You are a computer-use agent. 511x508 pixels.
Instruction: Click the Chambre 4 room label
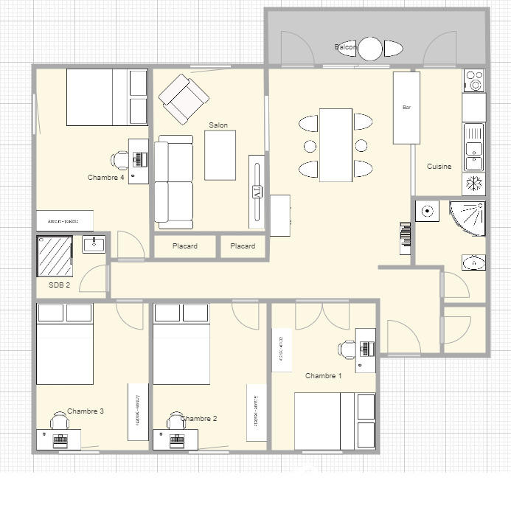click(x=105, y=178)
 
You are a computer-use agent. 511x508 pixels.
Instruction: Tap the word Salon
click(x=218, y=125)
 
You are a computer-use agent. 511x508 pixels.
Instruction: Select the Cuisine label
click(x=439, y=167)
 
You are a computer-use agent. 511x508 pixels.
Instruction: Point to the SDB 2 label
click(x=60, y=285)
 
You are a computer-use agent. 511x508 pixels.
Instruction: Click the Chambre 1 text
click(x=323, y=376)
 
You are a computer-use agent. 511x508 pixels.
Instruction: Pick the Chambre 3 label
click(x=85, y=411)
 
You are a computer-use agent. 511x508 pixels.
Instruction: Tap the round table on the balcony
click(x=370, y=49)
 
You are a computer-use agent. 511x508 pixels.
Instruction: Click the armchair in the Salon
click(x=184, y=99)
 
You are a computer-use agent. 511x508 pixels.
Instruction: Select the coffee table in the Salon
click(x=220, y=155)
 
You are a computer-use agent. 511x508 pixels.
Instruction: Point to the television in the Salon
click(x=257, y=191)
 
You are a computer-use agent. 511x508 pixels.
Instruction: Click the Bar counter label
click(x=406, y=108)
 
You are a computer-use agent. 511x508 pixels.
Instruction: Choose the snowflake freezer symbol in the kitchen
click(x=474, y=184)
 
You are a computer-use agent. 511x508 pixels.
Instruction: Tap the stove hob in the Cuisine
click(x=474, y=80)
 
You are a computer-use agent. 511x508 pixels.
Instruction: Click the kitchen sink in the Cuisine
click(x=474, y=146)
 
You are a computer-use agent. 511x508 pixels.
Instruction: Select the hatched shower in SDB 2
click(x=55, y=256)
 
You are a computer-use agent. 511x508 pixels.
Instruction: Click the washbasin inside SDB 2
click(x=94, y=244)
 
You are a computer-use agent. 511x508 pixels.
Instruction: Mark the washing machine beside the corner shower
click(x=427, y=212)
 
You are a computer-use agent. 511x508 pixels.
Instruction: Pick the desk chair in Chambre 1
click(x=347, y=349)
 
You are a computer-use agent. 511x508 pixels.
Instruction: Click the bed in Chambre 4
click(x=97, y=97)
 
